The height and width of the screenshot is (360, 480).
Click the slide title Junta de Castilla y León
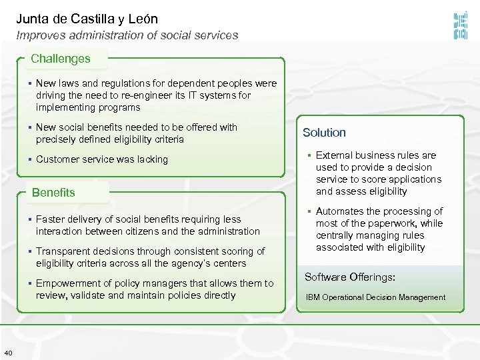(87, 19)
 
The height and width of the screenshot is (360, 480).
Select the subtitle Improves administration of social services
(127, 35)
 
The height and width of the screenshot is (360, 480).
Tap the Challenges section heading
(60, 59)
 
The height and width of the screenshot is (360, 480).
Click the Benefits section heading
(53, 193)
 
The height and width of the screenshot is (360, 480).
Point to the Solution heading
(324, 133)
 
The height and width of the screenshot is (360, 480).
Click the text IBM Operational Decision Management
(375, 297)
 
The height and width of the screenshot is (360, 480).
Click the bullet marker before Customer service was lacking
(31, 159)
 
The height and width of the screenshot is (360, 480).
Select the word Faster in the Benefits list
(51, 219)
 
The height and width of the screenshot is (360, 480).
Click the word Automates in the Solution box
(339, 211)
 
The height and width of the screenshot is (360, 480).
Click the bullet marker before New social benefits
(31, 127)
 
